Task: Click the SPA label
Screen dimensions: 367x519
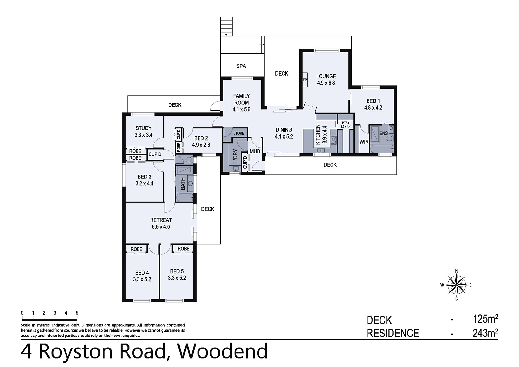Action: pos(241,66)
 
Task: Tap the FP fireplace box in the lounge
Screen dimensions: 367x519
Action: pos(305,80)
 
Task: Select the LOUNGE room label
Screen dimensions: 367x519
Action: pos(326,76)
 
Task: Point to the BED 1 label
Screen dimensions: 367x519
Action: pos(371,101)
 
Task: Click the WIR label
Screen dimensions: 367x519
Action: pos(364,142)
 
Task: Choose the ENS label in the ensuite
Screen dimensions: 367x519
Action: pos(384,133)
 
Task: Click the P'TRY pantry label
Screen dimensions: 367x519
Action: pos(345,123)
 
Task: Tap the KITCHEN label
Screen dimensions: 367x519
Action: pos(318,134)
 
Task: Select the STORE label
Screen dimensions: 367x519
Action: pos(239,133)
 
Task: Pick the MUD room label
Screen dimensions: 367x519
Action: pos(255,152)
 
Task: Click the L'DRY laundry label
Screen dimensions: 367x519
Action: pos(235,156)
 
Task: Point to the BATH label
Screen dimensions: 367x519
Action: pos(183,184)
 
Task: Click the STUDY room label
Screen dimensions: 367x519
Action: pos(143,128)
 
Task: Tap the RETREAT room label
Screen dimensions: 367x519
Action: pos(161,220)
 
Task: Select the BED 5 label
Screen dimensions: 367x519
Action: pos(177,271)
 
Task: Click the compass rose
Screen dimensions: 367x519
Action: pos(456,285)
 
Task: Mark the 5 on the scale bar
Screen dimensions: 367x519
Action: pos(77,313)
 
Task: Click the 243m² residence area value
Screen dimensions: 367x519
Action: pos(485,333)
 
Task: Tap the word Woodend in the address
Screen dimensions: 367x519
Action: pos(223,351)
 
